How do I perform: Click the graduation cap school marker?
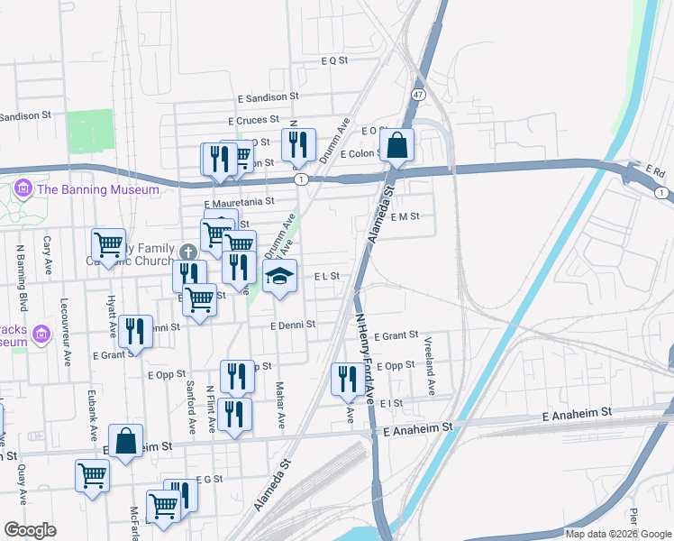tap(280, 277)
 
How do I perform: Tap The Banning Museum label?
tap(98, 189)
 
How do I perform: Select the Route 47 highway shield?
tap(418, 95)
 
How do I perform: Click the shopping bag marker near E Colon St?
tap(396, 144)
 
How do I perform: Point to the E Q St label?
tap(334, 60)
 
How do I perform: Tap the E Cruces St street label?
tap(256, 121)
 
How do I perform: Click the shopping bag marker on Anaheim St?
tap(126, 441)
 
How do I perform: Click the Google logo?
tap(30, 530)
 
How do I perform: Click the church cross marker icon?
tap(187, 252)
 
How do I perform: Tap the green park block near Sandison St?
tap(90, 132)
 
